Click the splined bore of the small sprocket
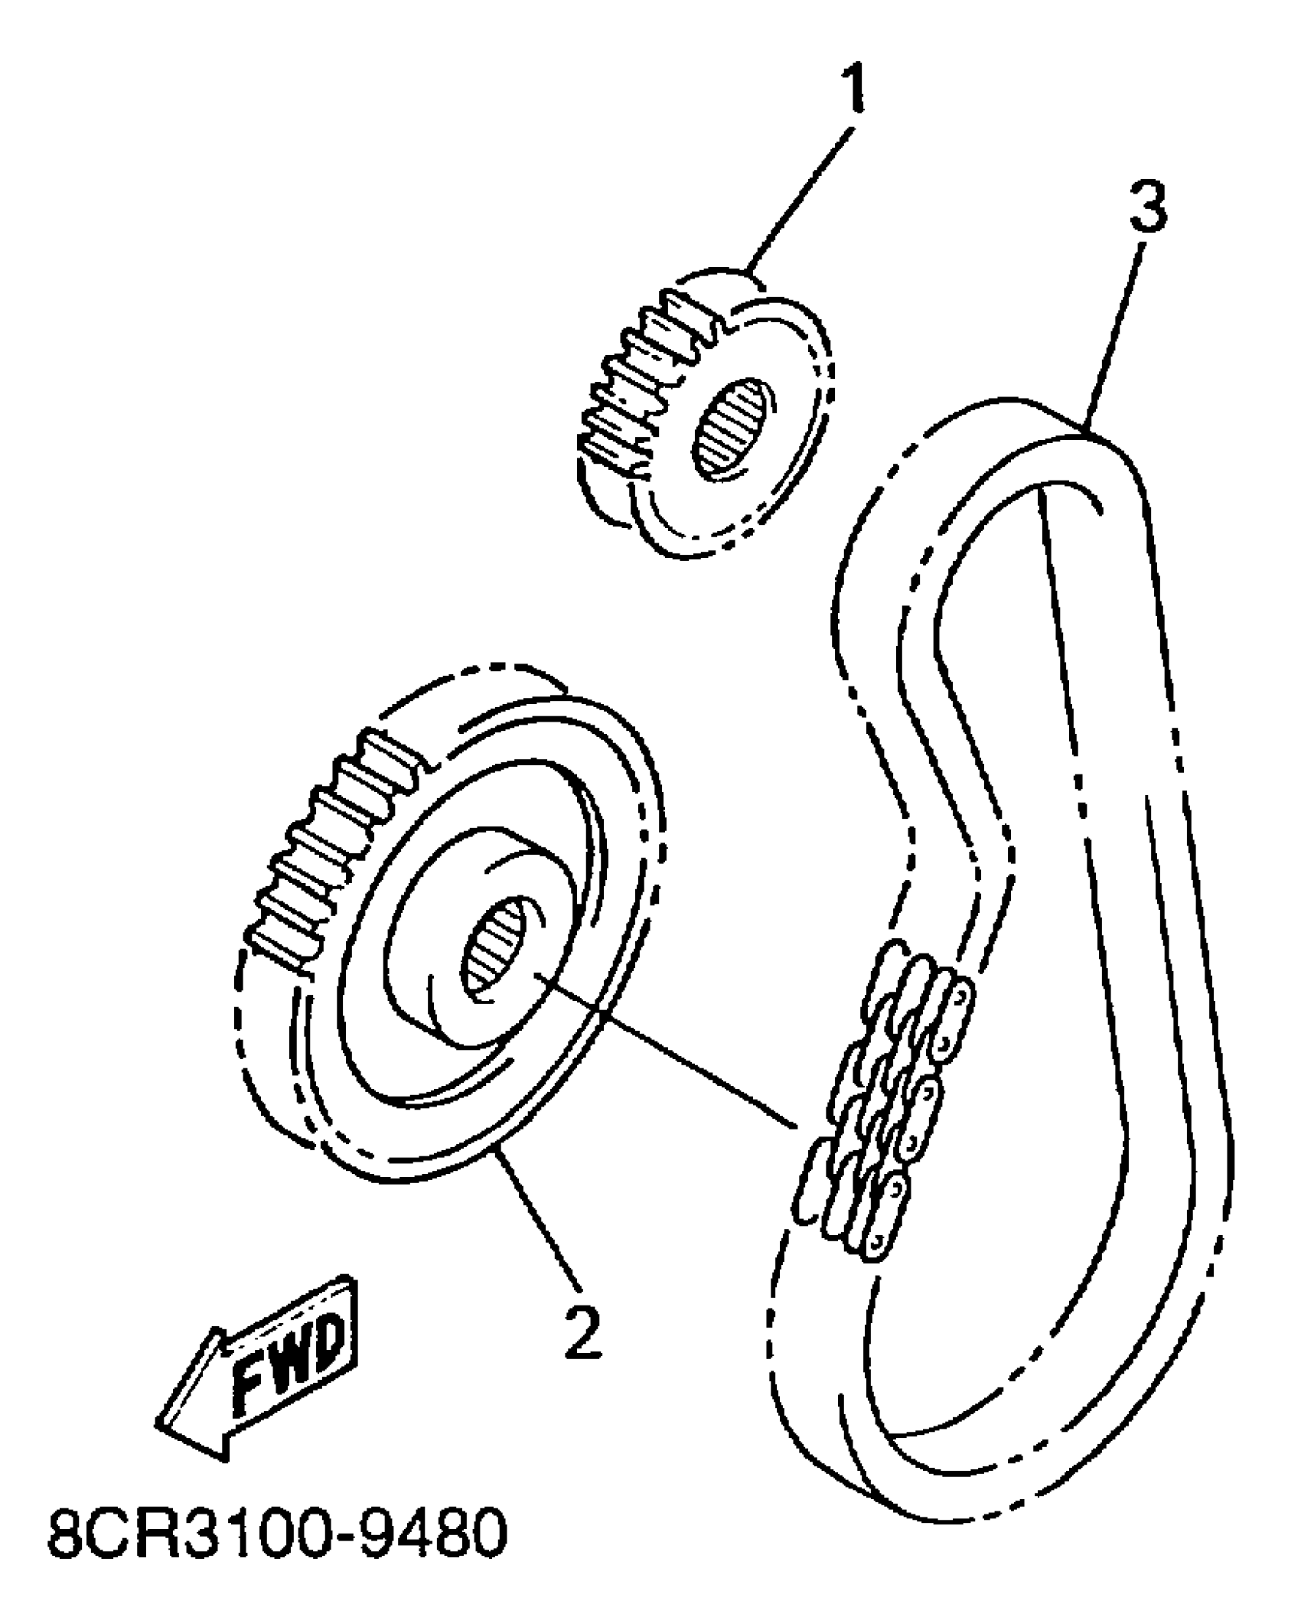732,429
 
